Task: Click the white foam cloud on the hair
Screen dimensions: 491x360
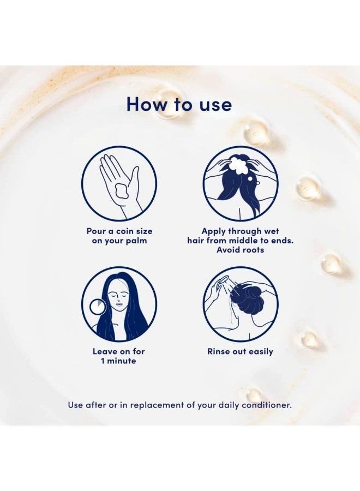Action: click(x=238, y=165)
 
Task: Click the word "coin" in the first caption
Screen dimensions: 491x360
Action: click(x=125, y=231)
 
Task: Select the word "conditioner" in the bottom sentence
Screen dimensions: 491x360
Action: click(x=266, y=405)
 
